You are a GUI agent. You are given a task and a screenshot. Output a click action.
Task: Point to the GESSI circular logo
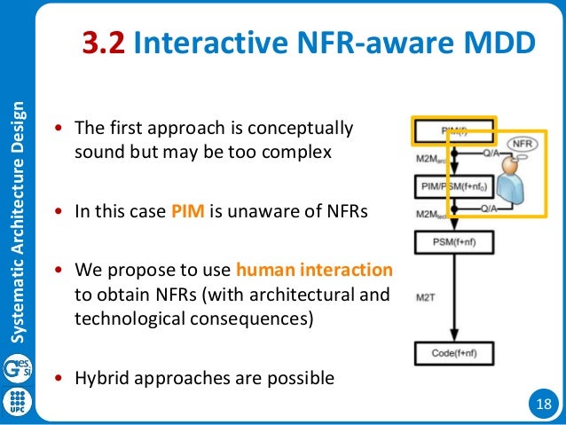point(17,366)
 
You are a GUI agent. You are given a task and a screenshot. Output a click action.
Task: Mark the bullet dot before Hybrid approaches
point(59,379)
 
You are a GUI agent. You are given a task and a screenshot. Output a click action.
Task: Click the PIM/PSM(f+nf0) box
point(453,188)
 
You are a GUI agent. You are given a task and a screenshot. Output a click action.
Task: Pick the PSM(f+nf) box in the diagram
point(453,242)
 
